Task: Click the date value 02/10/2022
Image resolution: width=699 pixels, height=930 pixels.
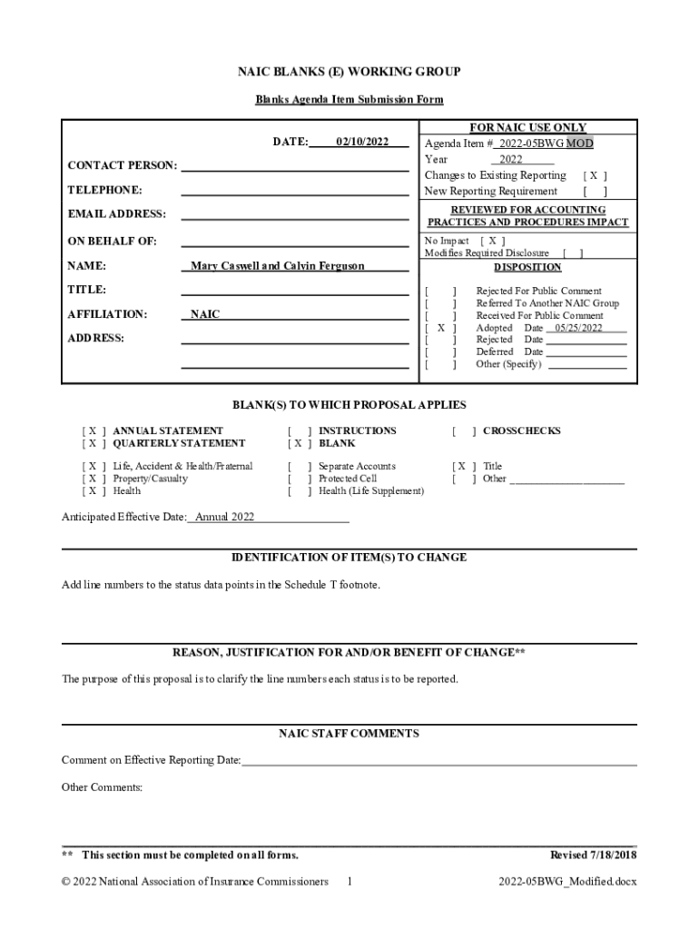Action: pos(362,142)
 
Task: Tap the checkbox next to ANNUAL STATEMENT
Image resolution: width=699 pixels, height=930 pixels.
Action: pos(94,430)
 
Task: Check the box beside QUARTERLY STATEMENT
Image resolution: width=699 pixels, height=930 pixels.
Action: pos(94,443)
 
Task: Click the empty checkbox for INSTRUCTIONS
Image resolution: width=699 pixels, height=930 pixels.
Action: pos(300,430)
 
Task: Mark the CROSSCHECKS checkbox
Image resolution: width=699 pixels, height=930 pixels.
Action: pos(464,430)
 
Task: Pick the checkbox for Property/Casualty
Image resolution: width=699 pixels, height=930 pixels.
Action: pos(94,479)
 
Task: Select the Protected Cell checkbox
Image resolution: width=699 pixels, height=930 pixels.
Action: pos(300,479)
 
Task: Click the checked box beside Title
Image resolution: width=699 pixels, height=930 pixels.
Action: pos(464,466)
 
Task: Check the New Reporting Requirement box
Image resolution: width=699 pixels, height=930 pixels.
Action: pos(595,192)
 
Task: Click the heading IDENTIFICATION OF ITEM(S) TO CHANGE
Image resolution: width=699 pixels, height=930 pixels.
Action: pos(349,557)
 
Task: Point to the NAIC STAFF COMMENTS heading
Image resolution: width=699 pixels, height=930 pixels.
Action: pos(349,733)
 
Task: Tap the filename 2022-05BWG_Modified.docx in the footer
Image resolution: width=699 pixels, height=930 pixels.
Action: pos(567,882)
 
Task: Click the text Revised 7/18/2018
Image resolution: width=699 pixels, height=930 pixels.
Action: pos(594,855)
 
